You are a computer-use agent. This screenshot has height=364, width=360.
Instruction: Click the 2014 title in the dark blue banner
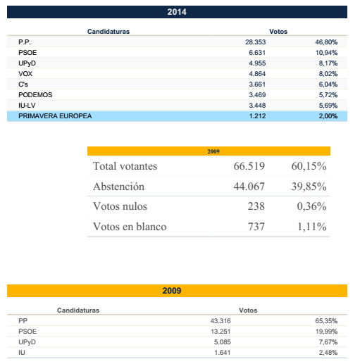[177, 12]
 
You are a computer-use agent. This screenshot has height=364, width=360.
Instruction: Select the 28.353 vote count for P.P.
[256, 42]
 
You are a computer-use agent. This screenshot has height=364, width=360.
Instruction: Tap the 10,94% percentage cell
[326, 53]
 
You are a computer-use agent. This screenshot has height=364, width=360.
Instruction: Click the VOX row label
[25, 74]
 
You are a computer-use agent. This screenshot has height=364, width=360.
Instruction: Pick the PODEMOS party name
[35, 95]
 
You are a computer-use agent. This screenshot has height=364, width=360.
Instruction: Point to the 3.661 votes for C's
[257, 84]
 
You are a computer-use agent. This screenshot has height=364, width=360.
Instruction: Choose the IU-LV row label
[27, 106]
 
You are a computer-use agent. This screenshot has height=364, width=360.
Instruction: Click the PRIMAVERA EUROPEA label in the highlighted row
[55, 116]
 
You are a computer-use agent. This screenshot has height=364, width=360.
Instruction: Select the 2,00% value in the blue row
[328, 116]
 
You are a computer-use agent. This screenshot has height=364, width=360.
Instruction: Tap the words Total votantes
[125, 166]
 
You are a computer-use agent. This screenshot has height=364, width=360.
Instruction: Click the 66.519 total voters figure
[249, 166]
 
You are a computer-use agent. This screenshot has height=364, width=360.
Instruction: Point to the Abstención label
[118, 187]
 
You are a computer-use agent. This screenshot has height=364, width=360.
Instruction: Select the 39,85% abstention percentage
[309, 187]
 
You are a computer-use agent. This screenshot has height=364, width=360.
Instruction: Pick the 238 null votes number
[256, 206]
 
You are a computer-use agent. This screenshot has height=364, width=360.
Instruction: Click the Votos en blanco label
[130, 227]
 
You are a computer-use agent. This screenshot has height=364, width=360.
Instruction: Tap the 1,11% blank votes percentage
[312, 227]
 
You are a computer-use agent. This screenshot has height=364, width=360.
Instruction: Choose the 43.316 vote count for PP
[221, 321]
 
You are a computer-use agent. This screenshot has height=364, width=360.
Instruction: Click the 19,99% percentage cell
[326, 332]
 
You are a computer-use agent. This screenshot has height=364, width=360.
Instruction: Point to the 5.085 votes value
[223, 342]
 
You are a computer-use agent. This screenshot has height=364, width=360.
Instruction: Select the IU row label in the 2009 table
[22, 353]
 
